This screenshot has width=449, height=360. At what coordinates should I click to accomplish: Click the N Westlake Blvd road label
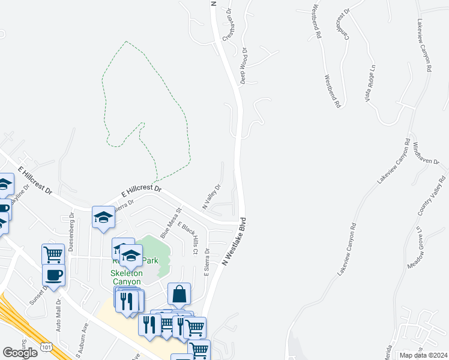coord(235,241)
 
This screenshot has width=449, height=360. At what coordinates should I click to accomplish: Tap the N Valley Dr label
coord(211,197)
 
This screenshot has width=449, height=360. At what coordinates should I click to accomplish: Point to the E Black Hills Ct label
coord(187,237)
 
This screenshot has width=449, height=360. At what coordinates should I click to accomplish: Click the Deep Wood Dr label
coord(244,66)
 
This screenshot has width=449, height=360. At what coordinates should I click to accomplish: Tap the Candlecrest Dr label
coord(343,25)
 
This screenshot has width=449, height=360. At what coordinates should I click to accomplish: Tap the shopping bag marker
coord(179,293)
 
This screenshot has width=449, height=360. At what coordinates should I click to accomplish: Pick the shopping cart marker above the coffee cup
coord(53,254)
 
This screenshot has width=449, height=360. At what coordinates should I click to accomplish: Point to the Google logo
coord(20,353)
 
